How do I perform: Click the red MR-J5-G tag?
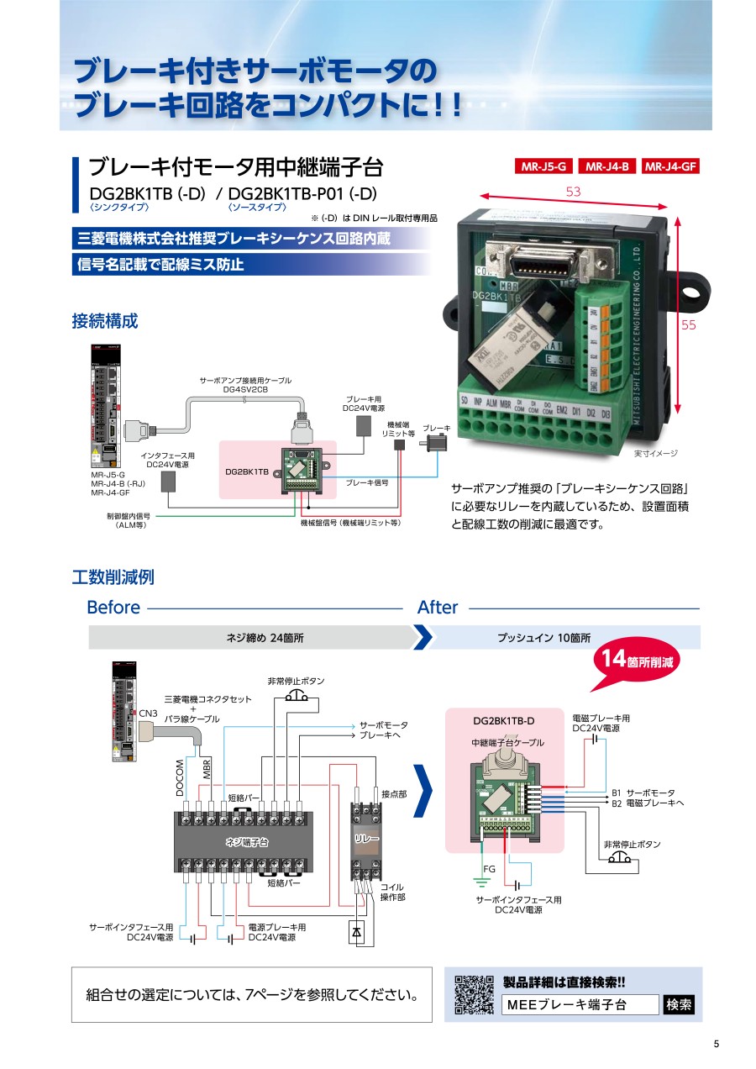point(543,166)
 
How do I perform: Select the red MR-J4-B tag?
point(608,166)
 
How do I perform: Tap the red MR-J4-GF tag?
point(671,166)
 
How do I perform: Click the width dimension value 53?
point(573,192)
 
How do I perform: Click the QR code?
point(474,995)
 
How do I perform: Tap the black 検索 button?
point(679,1004)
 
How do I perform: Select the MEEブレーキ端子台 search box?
point(580,1004)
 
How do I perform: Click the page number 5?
point(717,1044)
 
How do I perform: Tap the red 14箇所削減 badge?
point(636,660)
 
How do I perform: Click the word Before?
point(113,608)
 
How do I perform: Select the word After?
point(438,608)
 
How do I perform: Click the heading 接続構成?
point(105,320)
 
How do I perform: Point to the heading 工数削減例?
point(113,577)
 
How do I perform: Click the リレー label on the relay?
point(367,839)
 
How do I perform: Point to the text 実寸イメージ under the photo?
point(655,454)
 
